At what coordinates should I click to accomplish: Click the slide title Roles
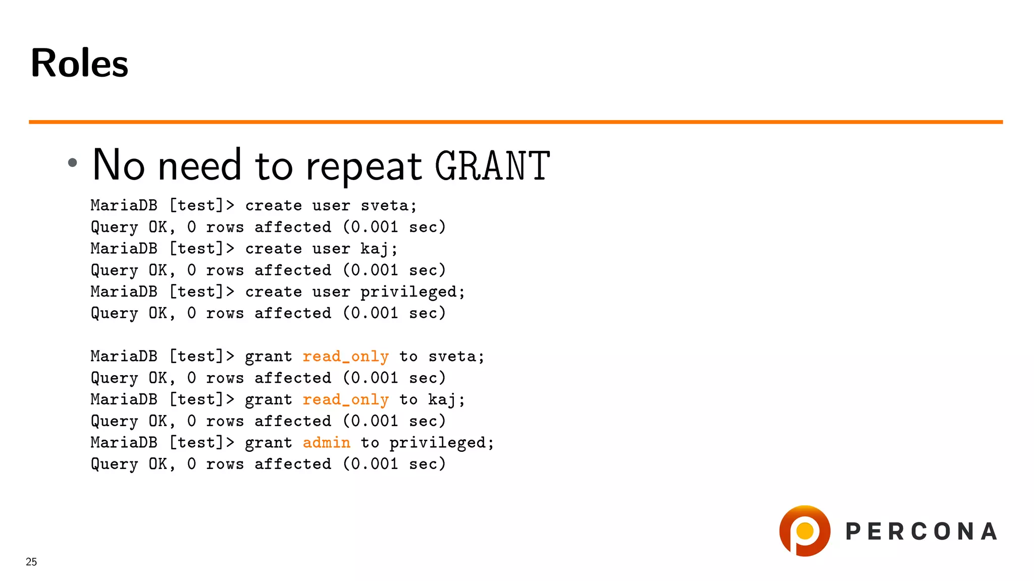tap(79, 63)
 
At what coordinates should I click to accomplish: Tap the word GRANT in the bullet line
tap(492, 166)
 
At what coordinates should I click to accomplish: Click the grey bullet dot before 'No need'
tap(73, 162)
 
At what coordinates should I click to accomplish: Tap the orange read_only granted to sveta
tap(346, 357)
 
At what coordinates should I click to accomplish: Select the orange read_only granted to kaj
tap(346, 400)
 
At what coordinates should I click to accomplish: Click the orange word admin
tap(326, 443)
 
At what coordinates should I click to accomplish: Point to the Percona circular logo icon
tap(805, 531)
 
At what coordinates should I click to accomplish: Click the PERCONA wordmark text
tap(921, 532)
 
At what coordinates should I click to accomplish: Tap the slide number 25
tap(31, 562)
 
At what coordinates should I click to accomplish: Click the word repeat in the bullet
tap(364, 166)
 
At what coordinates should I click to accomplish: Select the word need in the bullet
tap(199, 166)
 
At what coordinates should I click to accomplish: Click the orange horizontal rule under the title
tap(515, 122)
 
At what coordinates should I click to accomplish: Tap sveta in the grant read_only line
tap(452, 357)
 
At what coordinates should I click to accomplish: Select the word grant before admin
tap(268, 443)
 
